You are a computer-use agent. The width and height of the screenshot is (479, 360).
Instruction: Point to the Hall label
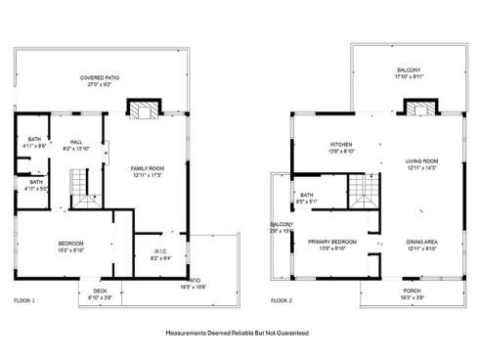[75, 144]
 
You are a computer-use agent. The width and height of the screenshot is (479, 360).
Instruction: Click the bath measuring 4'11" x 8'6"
[34, 143]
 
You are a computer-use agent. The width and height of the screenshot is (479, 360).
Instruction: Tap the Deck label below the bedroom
[100, 292]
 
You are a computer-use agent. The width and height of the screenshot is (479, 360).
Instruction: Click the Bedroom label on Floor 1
[70, 246]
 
